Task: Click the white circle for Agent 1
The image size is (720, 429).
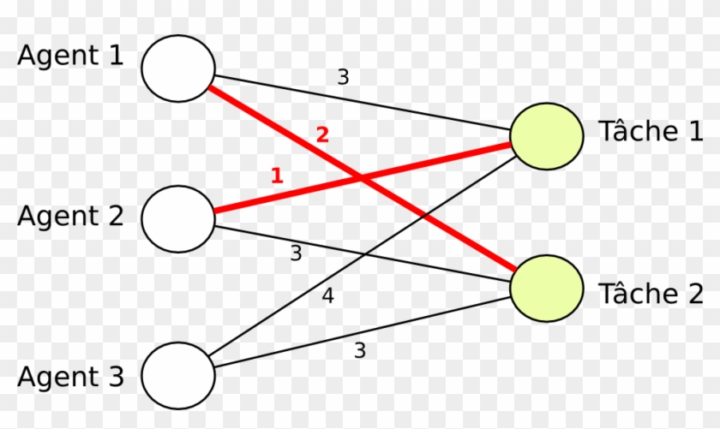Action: tap(178, 68)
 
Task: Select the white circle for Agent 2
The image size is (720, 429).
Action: tap(178, 217)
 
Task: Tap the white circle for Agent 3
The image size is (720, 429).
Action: tap(178, 375)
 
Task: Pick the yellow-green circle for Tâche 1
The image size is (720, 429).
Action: tap(547, 136)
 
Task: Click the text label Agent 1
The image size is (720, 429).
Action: tap(70, 57)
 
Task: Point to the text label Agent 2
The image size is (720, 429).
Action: tap(70, 216)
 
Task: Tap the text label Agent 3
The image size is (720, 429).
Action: tap(70, 376)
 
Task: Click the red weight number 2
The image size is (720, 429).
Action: tap(322, 135)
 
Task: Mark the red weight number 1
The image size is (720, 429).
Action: tap(276, 176)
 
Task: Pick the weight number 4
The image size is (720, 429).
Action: tap(327, 297)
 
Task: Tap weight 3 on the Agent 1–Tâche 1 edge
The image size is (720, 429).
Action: tap(343, 77)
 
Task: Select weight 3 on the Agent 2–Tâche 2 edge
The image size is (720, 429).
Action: tap(296, 253)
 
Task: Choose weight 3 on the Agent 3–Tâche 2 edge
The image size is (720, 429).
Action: tap(360, 350)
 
